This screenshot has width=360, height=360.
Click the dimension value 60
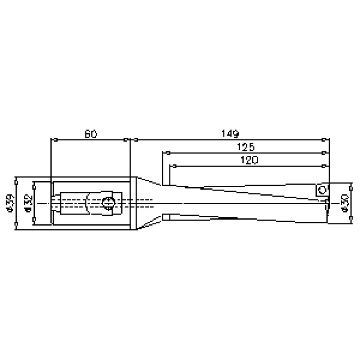(91, 134)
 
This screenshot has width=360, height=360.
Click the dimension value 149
(230, 133)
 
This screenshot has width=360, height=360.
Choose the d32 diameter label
(28, 203)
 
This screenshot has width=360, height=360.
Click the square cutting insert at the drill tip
(322, 190)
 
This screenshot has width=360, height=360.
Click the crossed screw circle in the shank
(107, 203)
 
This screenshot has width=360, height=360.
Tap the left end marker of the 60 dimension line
(55, 139)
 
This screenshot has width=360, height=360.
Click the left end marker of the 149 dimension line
(135, 139)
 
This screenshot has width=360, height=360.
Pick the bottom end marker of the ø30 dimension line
(352, 223)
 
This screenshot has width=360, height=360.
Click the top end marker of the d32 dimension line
(34, 182)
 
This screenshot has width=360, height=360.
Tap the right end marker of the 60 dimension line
(125, 139)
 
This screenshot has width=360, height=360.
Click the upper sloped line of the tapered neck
(149, 181)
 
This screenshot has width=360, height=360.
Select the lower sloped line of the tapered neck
(149, 224)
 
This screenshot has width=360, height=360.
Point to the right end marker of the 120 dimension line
(324, 166)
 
